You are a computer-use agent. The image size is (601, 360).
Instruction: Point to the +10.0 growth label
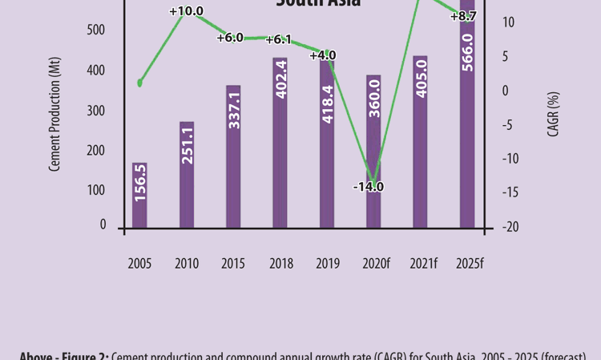coord(186,11)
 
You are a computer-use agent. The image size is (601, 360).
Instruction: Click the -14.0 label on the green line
coord(369,187)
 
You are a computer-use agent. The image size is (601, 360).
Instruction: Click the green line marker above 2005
coord(140,82)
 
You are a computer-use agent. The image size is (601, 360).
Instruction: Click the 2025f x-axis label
coord(469,263)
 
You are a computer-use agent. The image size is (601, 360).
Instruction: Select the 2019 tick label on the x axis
coord(327,263)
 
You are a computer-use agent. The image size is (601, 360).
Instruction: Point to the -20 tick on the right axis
coord(510,227)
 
